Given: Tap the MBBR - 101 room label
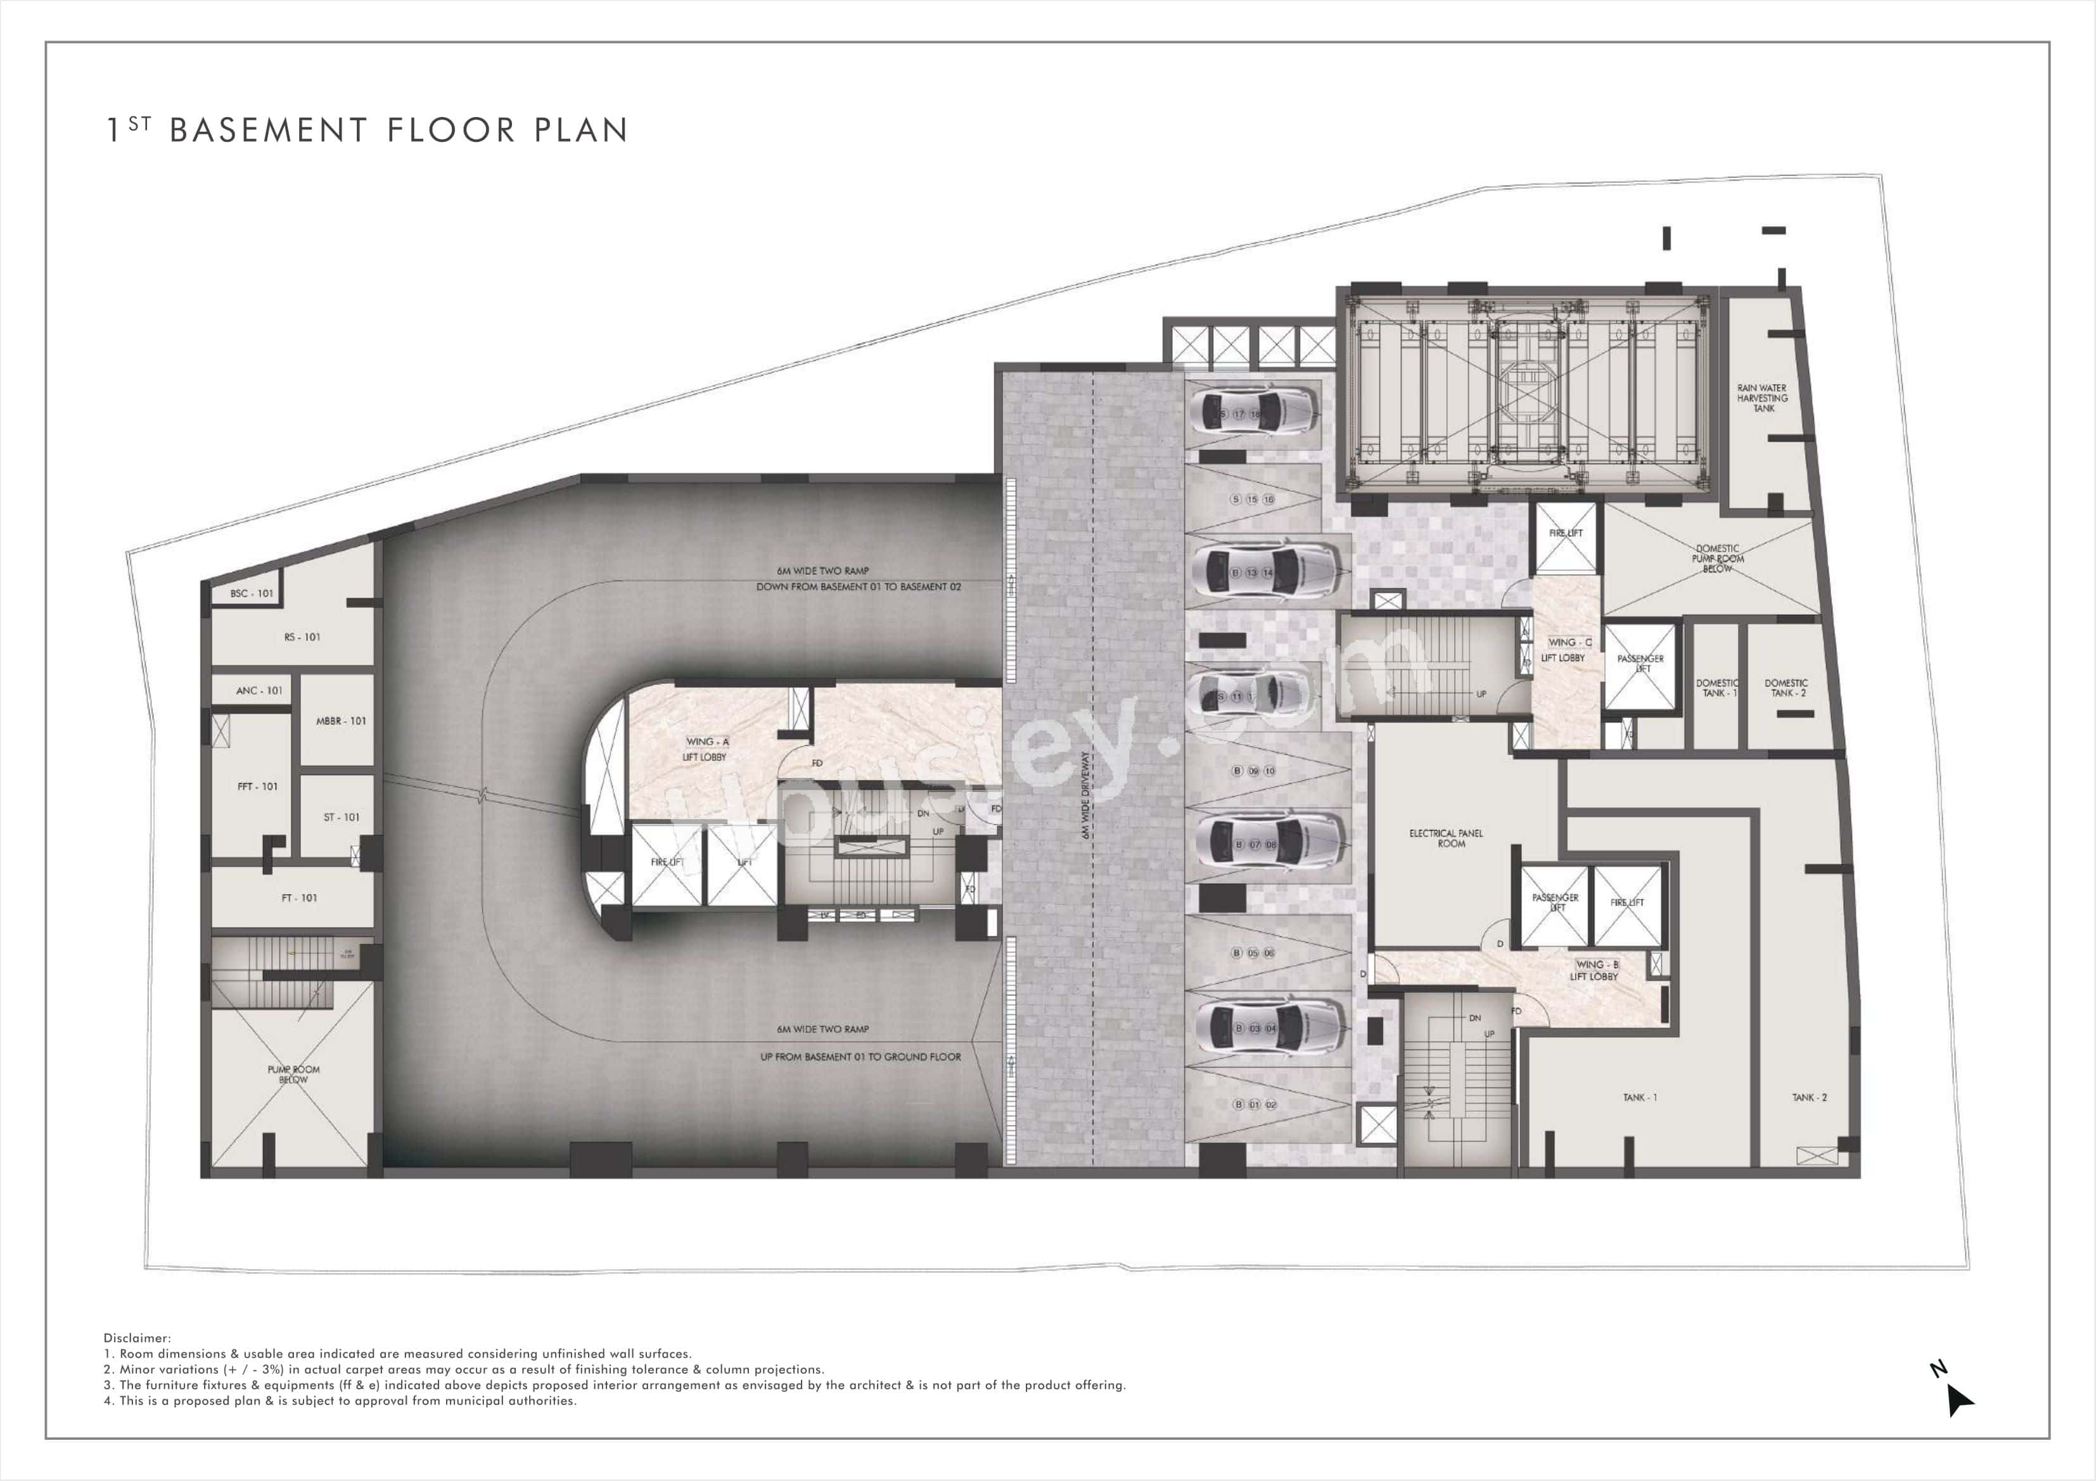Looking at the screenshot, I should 340,721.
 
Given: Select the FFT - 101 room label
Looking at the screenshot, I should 257,786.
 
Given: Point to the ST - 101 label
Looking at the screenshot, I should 342,817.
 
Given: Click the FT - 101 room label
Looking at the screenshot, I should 300,898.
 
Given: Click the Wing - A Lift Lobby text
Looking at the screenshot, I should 706,749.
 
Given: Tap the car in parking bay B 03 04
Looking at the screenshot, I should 1270,1028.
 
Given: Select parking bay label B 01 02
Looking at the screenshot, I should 1255,1104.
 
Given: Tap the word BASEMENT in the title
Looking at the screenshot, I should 269,130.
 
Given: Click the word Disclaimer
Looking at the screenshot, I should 137,1338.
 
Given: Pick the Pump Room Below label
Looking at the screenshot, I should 293,1074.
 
